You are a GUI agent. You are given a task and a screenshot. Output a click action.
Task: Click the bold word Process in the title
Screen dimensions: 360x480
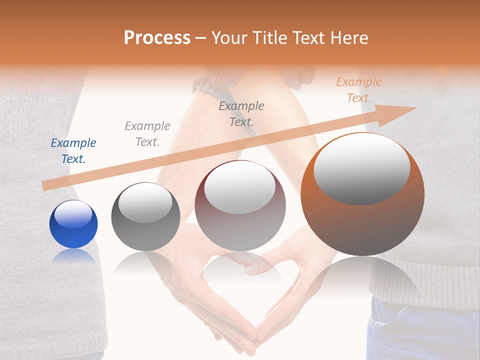coord(157,38)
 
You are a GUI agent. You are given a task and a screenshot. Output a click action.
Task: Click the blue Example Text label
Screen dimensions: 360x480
coord(73,151)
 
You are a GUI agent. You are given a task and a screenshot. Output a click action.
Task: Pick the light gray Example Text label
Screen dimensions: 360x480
coord(147,134)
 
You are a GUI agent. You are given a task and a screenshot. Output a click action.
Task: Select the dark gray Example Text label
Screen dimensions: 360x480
coord(241,114)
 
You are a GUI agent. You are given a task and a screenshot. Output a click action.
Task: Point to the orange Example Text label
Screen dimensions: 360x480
coord(358,90)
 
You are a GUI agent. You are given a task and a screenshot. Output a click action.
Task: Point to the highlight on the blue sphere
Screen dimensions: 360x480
coord(73,213)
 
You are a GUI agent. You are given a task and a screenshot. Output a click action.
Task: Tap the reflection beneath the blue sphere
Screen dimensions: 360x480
coord(73,256)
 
